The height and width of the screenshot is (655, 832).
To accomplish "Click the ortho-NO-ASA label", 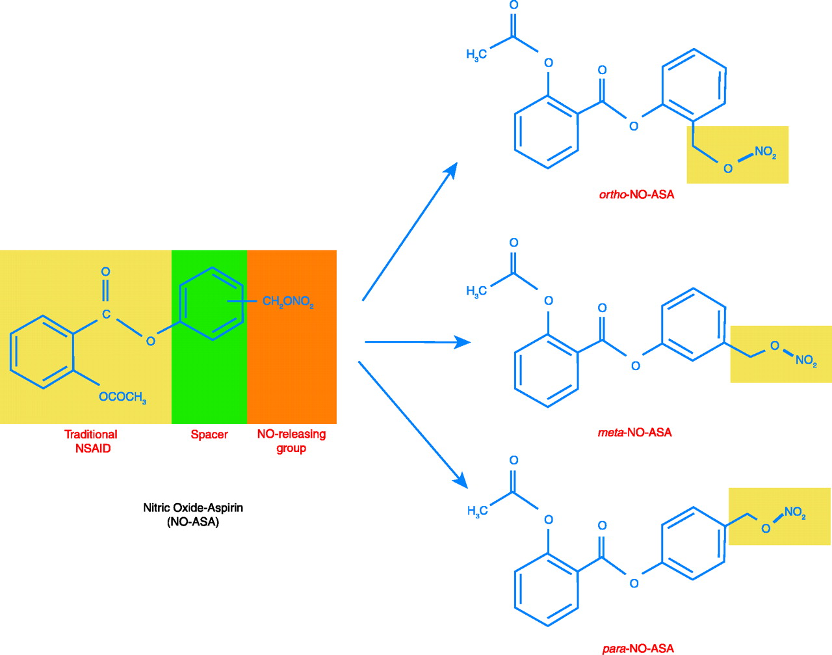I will [x=636, y=194].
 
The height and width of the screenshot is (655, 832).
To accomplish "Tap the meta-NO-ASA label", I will [x=634, y=433].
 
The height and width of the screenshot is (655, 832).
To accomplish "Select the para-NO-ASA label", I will [x=636, y=648].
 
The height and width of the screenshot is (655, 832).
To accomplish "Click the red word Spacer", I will [x=209, y=434].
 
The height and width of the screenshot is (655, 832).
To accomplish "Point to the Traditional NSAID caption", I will [x=91, y=441].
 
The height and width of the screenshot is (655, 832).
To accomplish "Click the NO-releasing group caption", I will [x=291, y=441].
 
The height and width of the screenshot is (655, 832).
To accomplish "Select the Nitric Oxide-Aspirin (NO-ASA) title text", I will [x=193, y=514].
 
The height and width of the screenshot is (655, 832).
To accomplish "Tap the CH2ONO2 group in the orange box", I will [x=288, y=302].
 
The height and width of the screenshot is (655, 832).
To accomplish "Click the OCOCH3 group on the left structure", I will [x=122, y=397].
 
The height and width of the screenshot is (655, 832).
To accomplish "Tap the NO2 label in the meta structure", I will [x=806, y=360].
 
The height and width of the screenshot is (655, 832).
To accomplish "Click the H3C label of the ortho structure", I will [x=476, y=55].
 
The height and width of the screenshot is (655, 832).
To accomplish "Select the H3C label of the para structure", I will [x=476, y=512].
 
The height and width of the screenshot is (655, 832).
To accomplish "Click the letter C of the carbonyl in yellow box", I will [x=106, y=315].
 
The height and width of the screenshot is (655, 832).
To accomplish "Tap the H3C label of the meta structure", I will [x=476, y=292].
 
